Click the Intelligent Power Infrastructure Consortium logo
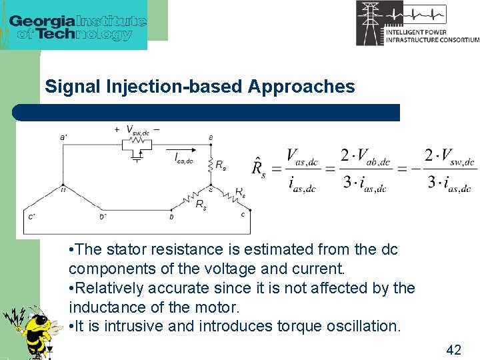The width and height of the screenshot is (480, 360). point(417,23)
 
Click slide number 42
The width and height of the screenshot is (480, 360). point(453,350)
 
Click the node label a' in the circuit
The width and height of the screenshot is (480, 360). point(63,137)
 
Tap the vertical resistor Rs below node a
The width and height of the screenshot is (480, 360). point(211,164)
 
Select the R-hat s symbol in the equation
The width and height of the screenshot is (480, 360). point(257,166)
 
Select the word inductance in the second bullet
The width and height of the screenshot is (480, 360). point(104,307)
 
